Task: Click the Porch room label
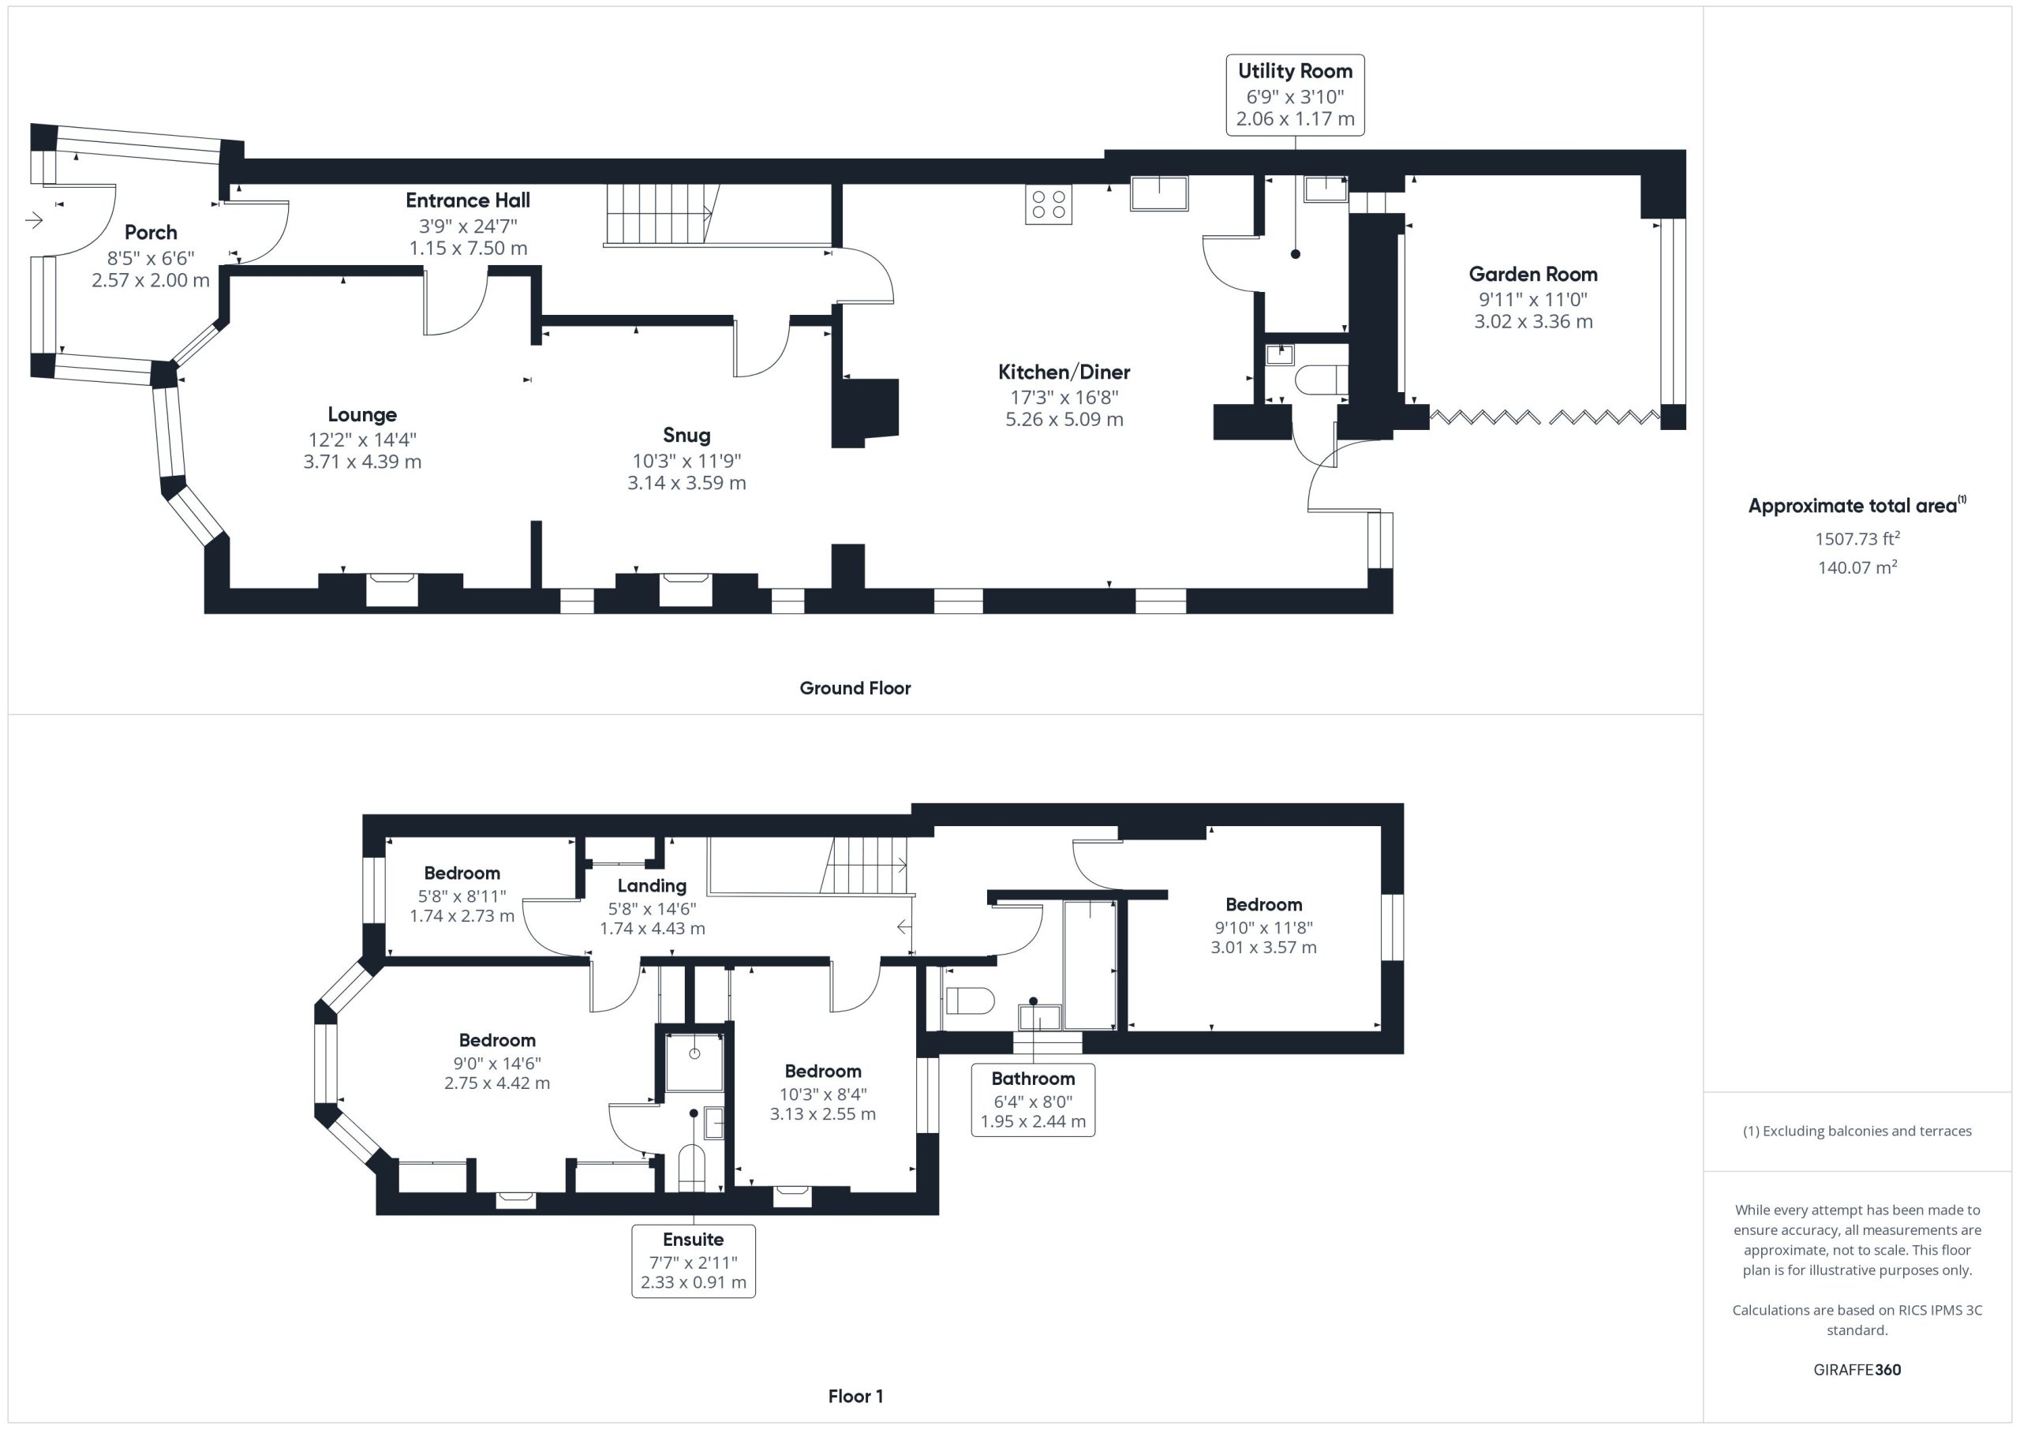pyautogui.click(x=151, y=232)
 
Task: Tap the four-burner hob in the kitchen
pyautogui.click(x=1048, y=204)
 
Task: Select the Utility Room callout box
pyautogui.click(x=1294, y=95)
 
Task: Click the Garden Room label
pyautogui.click(x=1532, y=275)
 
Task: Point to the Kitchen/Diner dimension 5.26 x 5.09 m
pyautogui.click(x=1064, y=420)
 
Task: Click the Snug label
pyautogui.click(x=686, y=436)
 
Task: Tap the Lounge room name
pyautogui.click(x=361, y=414)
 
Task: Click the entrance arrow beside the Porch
pyautogui.click(x=34, y=220)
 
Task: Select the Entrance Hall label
pyautogui.click(x=467, y=200)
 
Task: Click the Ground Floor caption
pyautogui.click(x=855, y=688)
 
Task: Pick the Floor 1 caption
pyautogui.click(x=855, y=1396)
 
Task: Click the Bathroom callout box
pyautogui.click(x=1033, y=1100)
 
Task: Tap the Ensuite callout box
pyautogui.click(x=694, y=1260)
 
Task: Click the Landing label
pyautogui.click(x=651, y=886)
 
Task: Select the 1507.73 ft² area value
pyautogui.click(x=1857, y=538)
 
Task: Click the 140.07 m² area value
pyautogui.click(x=1857, y=567)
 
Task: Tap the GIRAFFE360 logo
pyautogui.click(x=1857, y=1369)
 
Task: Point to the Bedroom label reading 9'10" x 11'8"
pyautogui.click(x=1263, y=904)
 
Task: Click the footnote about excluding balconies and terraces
pyautogui.click(x=1857, y=1132)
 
